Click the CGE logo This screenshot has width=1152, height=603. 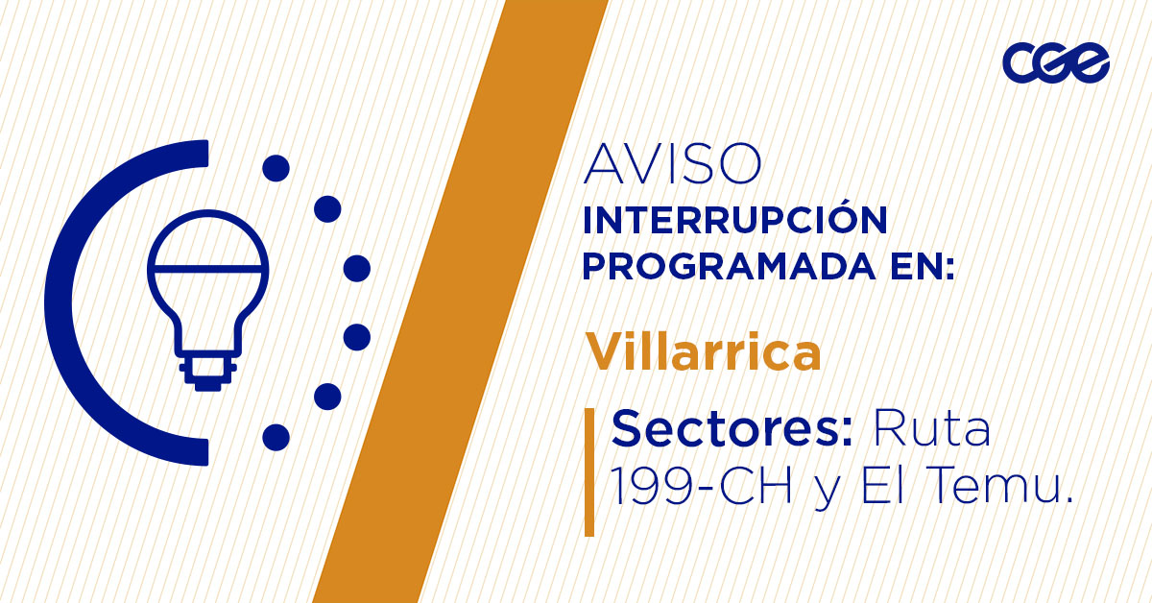pyautogui.click(x=1055, y=62)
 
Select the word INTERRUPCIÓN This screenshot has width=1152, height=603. pyautogui.click(x=734, y=220)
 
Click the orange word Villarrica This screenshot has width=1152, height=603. pyautogui.click(x=704, y=352)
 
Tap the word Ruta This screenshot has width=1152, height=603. pyautogui.click(x=930, y=428)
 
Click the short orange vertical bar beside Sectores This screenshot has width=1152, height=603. pyautogui.click(x=589, y=471)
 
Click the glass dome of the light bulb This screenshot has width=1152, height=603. pyautogui.click(x=207, y=245)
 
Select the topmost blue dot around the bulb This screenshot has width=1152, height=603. pyautogui.click(x=276, y=169)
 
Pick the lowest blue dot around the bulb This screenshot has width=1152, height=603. pyautogui.click(x=276, y=437)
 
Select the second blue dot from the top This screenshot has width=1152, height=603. pyautogui.click(x=327, y=208)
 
